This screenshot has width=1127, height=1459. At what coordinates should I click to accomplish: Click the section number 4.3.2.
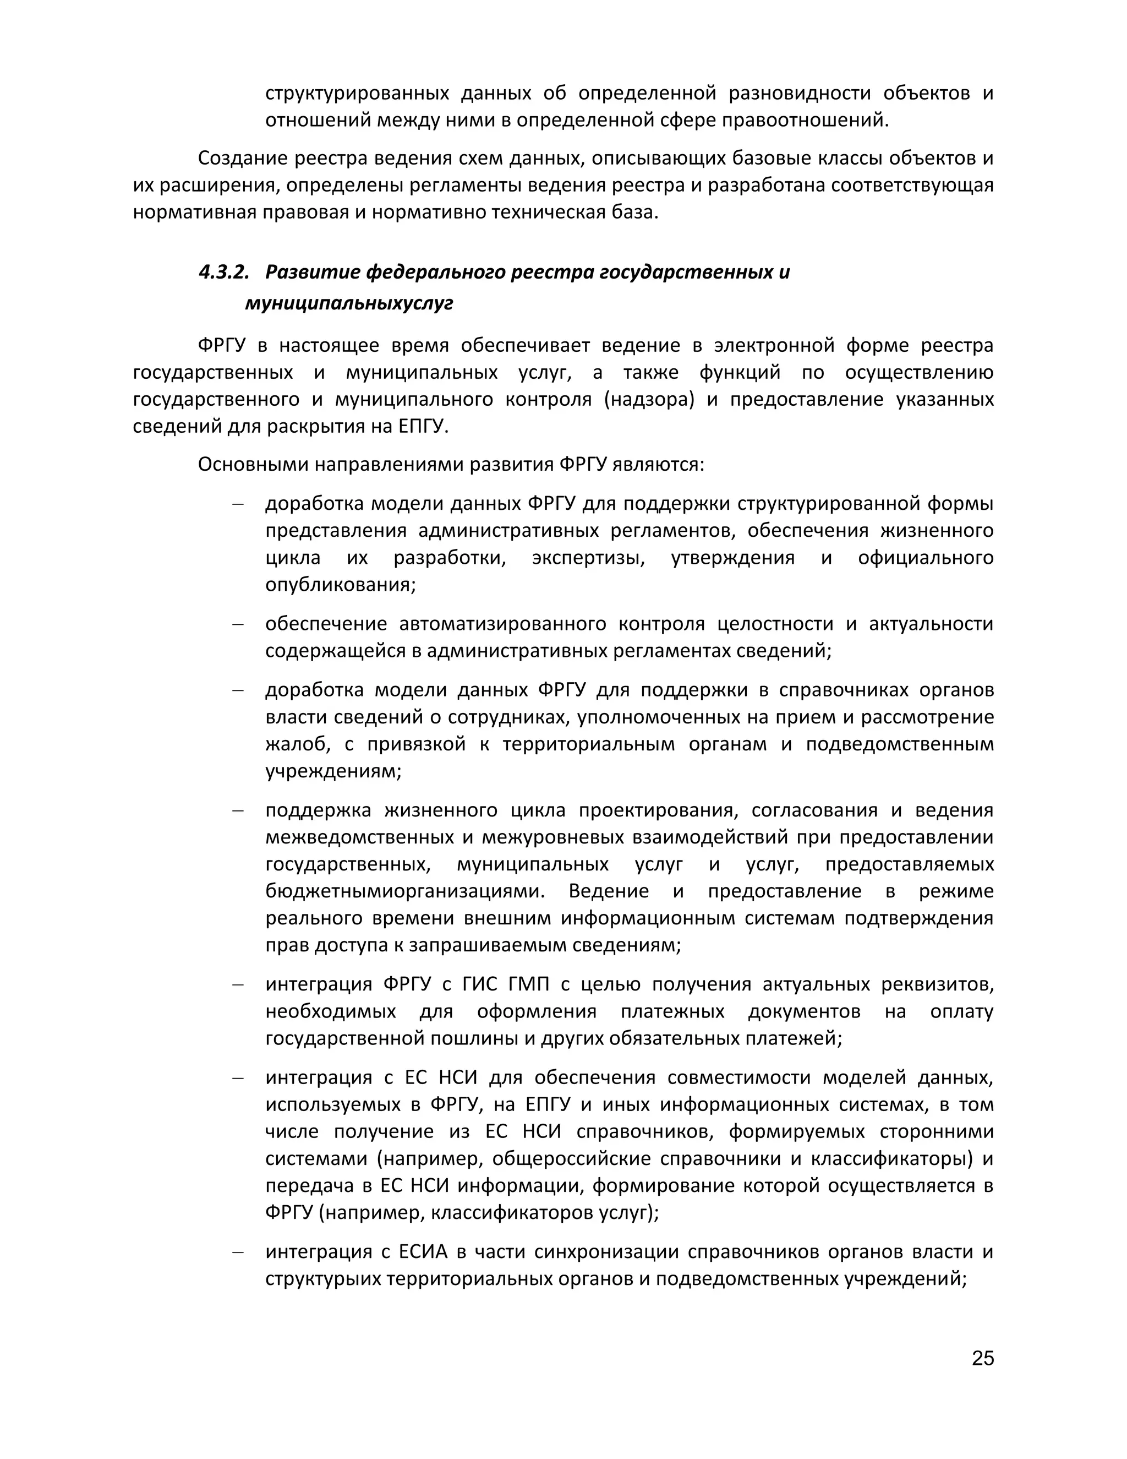click(x=223, y=273)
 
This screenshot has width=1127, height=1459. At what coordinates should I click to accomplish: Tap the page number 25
click(x=983, y=1358)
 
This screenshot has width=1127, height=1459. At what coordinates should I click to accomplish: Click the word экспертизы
click(x=588, y=558)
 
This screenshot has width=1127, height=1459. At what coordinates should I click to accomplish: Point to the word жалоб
click(x=294, y=744)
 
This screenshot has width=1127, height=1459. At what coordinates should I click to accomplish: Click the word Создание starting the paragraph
click(x=242, y=159)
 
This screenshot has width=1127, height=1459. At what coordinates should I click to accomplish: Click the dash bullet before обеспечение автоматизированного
click(x=237, y=624)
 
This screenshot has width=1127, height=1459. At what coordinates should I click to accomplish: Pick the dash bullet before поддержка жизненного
click(x=237, y=811)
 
